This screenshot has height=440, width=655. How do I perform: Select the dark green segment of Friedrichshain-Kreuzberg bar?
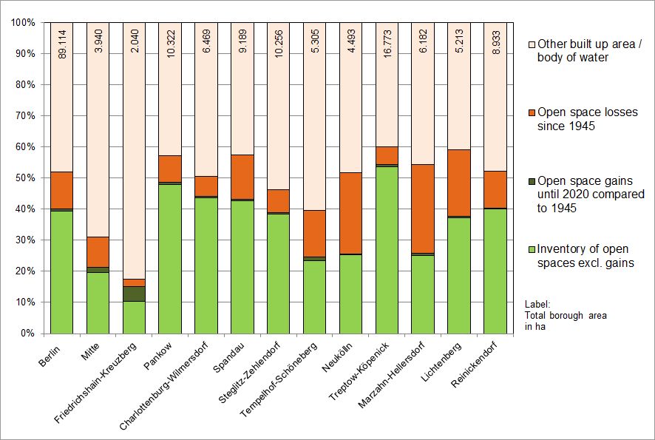(134, 294)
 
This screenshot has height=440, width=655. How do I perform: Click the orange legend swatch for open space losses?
(529, 112)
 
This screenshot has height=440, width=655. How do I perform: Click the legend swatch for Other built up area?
(529, 44)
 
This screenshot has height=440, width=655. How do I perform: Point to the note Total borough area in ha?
(566, 315)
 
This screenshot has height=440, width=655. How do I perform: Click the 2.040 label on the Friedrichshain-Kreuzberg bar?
(134, 42)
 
